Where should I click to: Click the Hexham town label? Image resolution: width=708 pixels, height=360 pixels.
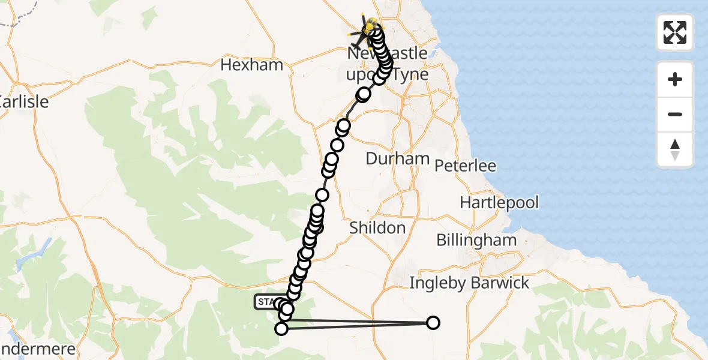tap(251, 65)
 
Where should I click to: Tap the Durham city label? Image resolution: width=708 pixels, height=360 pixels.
tap(398, 159)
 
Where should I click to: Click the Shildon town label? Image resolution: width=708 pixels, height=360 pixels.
tap(377, 228)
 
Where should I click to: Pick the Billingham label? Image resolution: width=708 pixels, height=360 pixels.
tap(476, 241)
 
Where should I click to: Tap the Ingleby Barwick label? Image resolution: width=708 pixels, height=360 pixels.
tap(469, 283)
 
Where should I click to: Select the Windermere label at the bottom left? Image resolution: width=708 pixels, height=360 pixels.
tap(36, 350)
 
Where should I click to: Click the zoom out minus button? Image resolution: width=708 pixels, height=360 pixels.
tap(675, 115)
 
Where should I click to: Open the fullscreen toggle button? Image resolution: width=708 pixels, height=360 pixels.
tap(675, 32)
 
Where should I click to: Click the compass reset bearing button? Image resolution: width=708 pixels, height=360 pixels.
tap(675, 150)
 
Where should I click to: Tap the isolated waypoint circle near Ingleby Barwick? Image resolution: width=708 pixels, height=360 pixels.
tap(433, 323)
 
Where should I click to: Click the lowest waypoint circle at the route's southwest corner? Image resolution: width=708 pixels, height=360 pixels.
tap(281, 328)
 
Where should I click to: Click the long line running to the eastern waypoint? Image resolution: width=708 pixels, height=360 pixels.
tap(357, 326)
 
